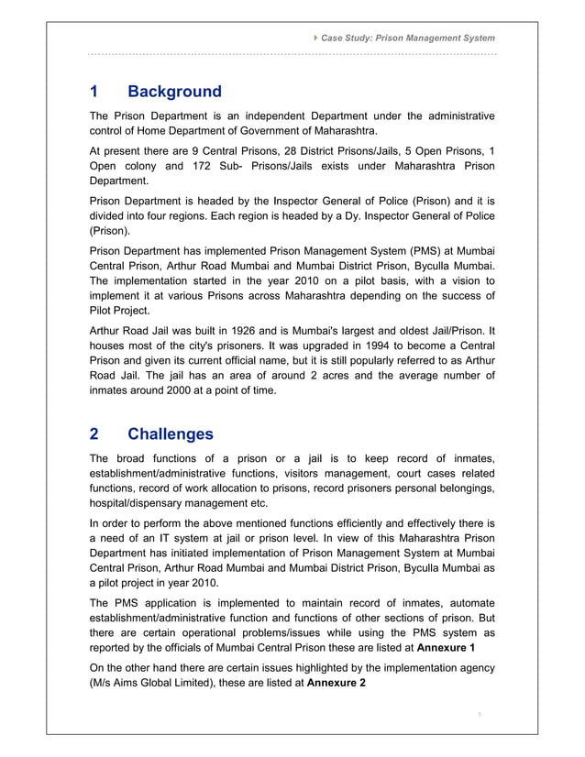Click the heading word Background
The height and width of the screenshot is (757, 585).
pos(174,92)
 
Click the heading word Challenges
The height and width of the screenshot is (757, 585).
pos(171,433)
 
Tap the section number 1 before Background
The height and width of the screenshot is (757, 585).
pos(94,92)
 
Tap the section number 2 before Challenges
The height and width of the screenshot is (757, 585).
pos(94,433)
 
